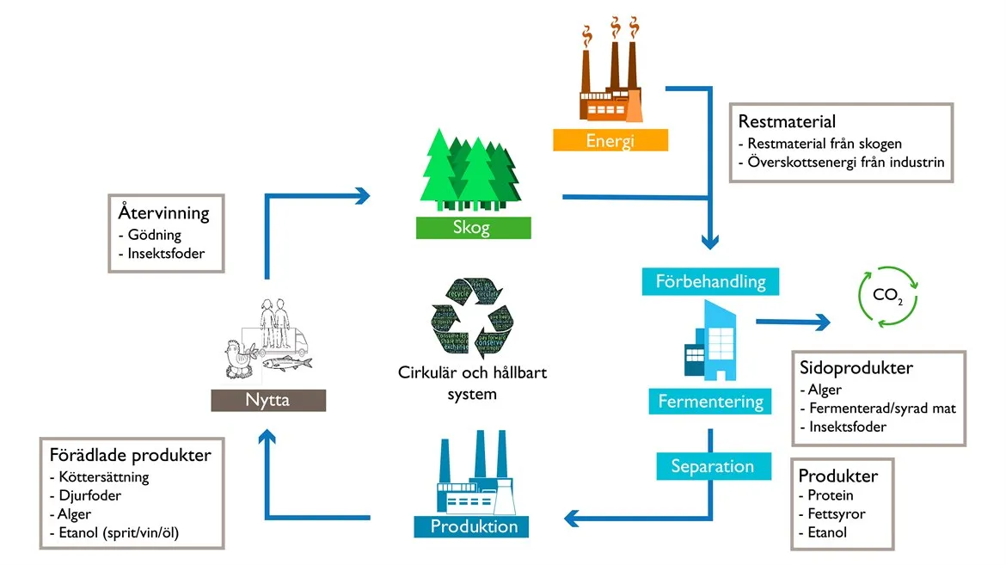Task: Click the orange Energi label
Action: (x=610, y=140)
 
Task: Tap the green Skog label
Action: (x=473, y=228)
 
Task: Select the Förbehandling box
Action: (x=710, y=282)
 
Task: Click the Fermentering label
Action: (x=710, y=401)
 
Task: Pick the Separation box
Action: (x=712, y=466)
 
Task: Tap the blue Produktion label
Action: (x=473, y=526)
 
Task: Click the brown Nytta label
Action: (x=268, y=400)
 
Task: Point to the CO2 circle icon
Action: (x=888, y=296)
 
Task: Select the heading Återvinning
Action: (x=164, y=212)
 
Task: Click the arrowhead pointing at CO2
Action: (x=823, y=322)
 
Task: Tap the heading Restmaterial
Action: (x=787, y=122)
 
